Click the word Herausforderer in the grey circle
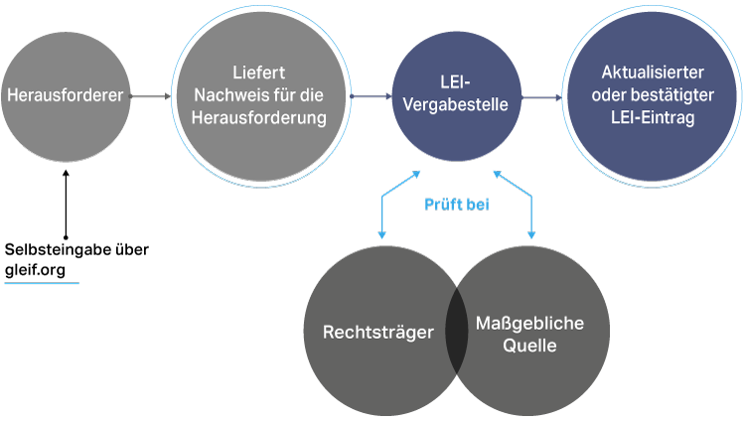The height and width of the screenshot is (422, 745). (x=65, y=96)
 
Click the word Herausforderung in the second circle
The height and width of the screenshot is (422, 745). (x=261, y=119)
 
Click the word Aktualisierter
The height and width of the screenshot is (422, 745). (x=653, y=73)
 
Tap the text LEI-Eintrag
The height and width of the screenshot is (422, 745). (x=653, y=117)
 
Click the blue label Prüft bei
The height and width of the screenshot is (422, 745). (x=456, y=206)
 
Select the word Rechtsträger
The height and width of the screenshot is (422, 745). (x=378, y=332)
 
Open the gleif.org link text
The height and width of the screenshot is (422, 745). (x=41, y=270)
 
